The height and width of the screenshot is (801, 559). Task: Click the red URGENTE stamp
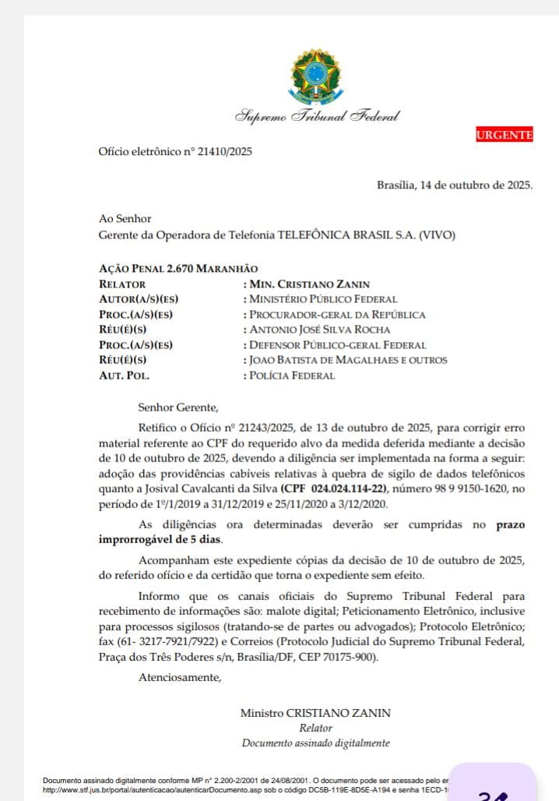(505, 135)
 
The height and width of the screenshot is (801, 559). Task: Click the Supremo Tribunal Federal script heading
(317, 117)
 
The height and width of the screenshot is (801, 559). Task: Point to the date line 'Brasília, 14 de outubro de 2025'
(455, 185)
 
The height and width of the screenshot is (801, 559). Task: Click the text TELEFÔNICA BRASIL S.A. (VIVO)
(367, 234)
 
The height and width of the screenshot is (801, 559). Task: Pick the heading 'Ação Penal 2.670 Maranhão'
(178, 269)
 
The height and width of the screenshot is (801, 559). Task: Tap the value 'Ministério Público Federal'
(322, 299)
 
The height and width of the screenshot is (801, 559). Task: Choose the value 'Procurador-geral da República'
(336, 315)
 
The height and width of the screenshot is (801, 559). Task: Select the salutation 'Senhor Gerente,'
(179, 406)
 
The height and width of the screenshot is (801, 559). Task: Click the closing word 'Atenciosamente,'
(180, 677)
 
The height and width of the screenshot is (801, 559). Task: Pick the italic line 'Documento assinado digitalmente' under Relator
(315, 743)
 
